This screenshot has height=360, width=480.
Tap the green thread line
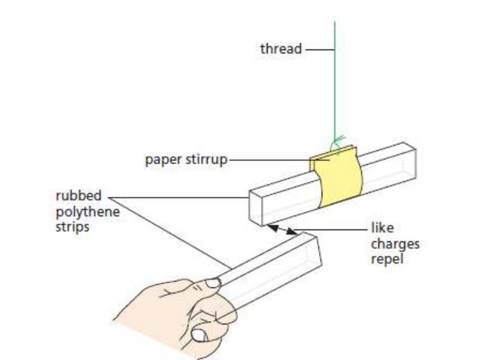coord(335,86)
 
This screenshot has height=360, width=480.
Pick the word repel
coord(388,259)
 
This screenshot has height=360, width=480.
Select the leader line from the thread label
coord(319,49)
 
